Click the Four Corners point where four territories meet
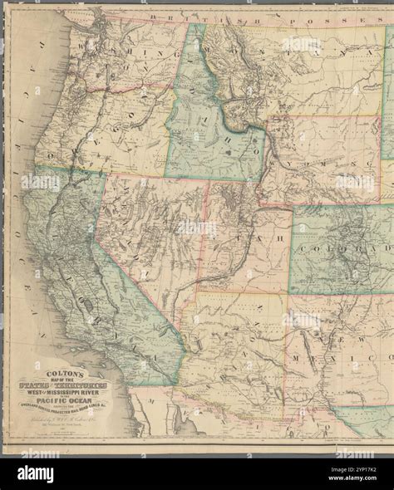(x=288, y=293)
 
